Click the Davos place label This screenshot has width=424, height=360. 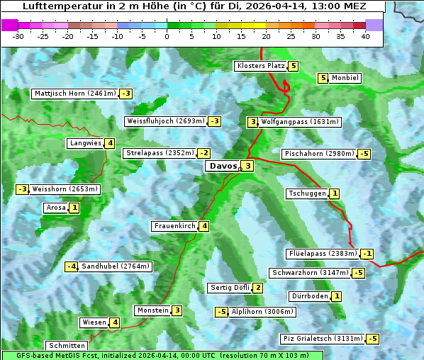pos(221,166)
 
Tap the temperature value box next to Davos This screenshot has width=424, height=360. pos(247,166)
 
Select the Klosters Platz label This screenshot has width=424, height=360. pos(260,66)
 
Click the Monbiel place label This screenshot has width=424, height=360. pos(345,78)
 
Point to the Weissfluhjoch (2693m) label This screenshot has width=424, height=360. pos(165,121)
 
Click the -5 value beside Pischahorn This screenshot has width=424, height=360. pos(364,154)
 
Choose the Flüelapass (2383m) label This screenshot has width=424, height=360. pos(322,254)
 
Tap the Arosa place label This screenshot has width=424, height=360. pos(55,208)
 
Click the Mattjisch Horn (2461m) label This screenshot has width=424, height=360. pos(74,94)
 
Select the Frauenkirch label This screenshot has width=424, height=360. pos(174,226)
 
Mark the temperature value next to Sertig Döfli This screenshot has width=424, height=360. pos(257,288)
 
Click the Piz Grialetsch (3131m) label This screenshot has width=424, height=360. pos(322,339)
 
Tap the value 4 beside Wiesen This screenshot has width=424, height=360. pos(115,322)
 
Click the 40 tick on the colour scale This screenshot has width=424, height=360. pos(365,36)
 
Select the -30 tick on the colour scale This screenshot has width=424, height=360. pos(18,36)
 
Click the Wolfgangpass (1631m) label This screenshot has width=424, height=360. pos(301,122)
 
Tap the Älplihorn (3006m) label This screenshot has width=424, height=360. pos(262,311)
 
